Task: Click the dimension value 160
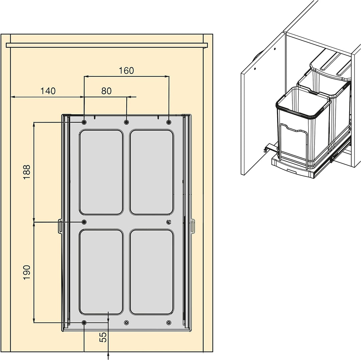pos(126,70)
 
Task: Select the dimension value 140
pos(48,91)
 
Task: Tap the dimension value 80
pos(106,91)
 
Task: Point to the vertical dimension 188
pos(27,172)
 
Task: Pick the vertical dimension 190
pos(27,273)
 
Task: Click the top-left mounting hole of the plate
pos(84,122)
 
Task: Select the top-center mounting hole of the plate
pos(126,122)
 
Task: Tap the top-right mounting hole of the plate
pos(169,122)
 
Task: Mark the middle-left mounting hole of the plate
pos(84,222)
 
